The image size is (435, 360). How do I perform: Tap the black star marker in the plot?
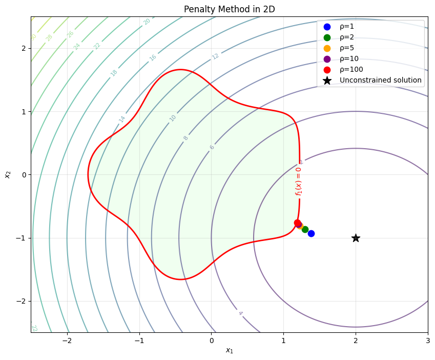[356, 238]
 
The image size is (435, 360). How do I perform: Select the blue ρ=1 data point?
[311, 233]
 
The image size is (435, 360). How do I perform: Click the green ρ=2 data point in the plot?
[305, 229]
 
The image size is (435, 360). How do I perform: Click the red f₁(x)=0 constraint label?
[298, 181]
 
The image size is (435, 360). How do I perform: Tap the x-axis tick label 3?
[428, 340]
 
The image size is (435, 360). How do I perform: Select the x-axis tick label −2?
[67, 340]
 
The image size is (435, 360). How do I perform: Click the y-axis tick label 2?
[23, 48]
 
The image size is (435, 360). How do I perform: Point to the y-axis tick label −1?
[21, 238]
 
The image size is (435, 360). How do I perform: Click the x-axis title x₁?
[229, 350]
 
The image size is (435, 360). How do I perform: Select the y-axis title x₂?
[8, 174]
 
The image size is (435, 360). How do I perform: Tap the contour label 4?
[240, 313]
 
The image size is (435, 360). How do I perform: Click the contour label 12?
[215, 56]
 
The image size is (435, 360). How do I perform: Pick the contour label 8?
[185, 138]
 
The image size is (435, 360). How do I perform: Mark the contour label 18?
[114, 73]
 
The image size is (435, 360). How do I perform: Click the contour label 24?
[77, 47]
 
